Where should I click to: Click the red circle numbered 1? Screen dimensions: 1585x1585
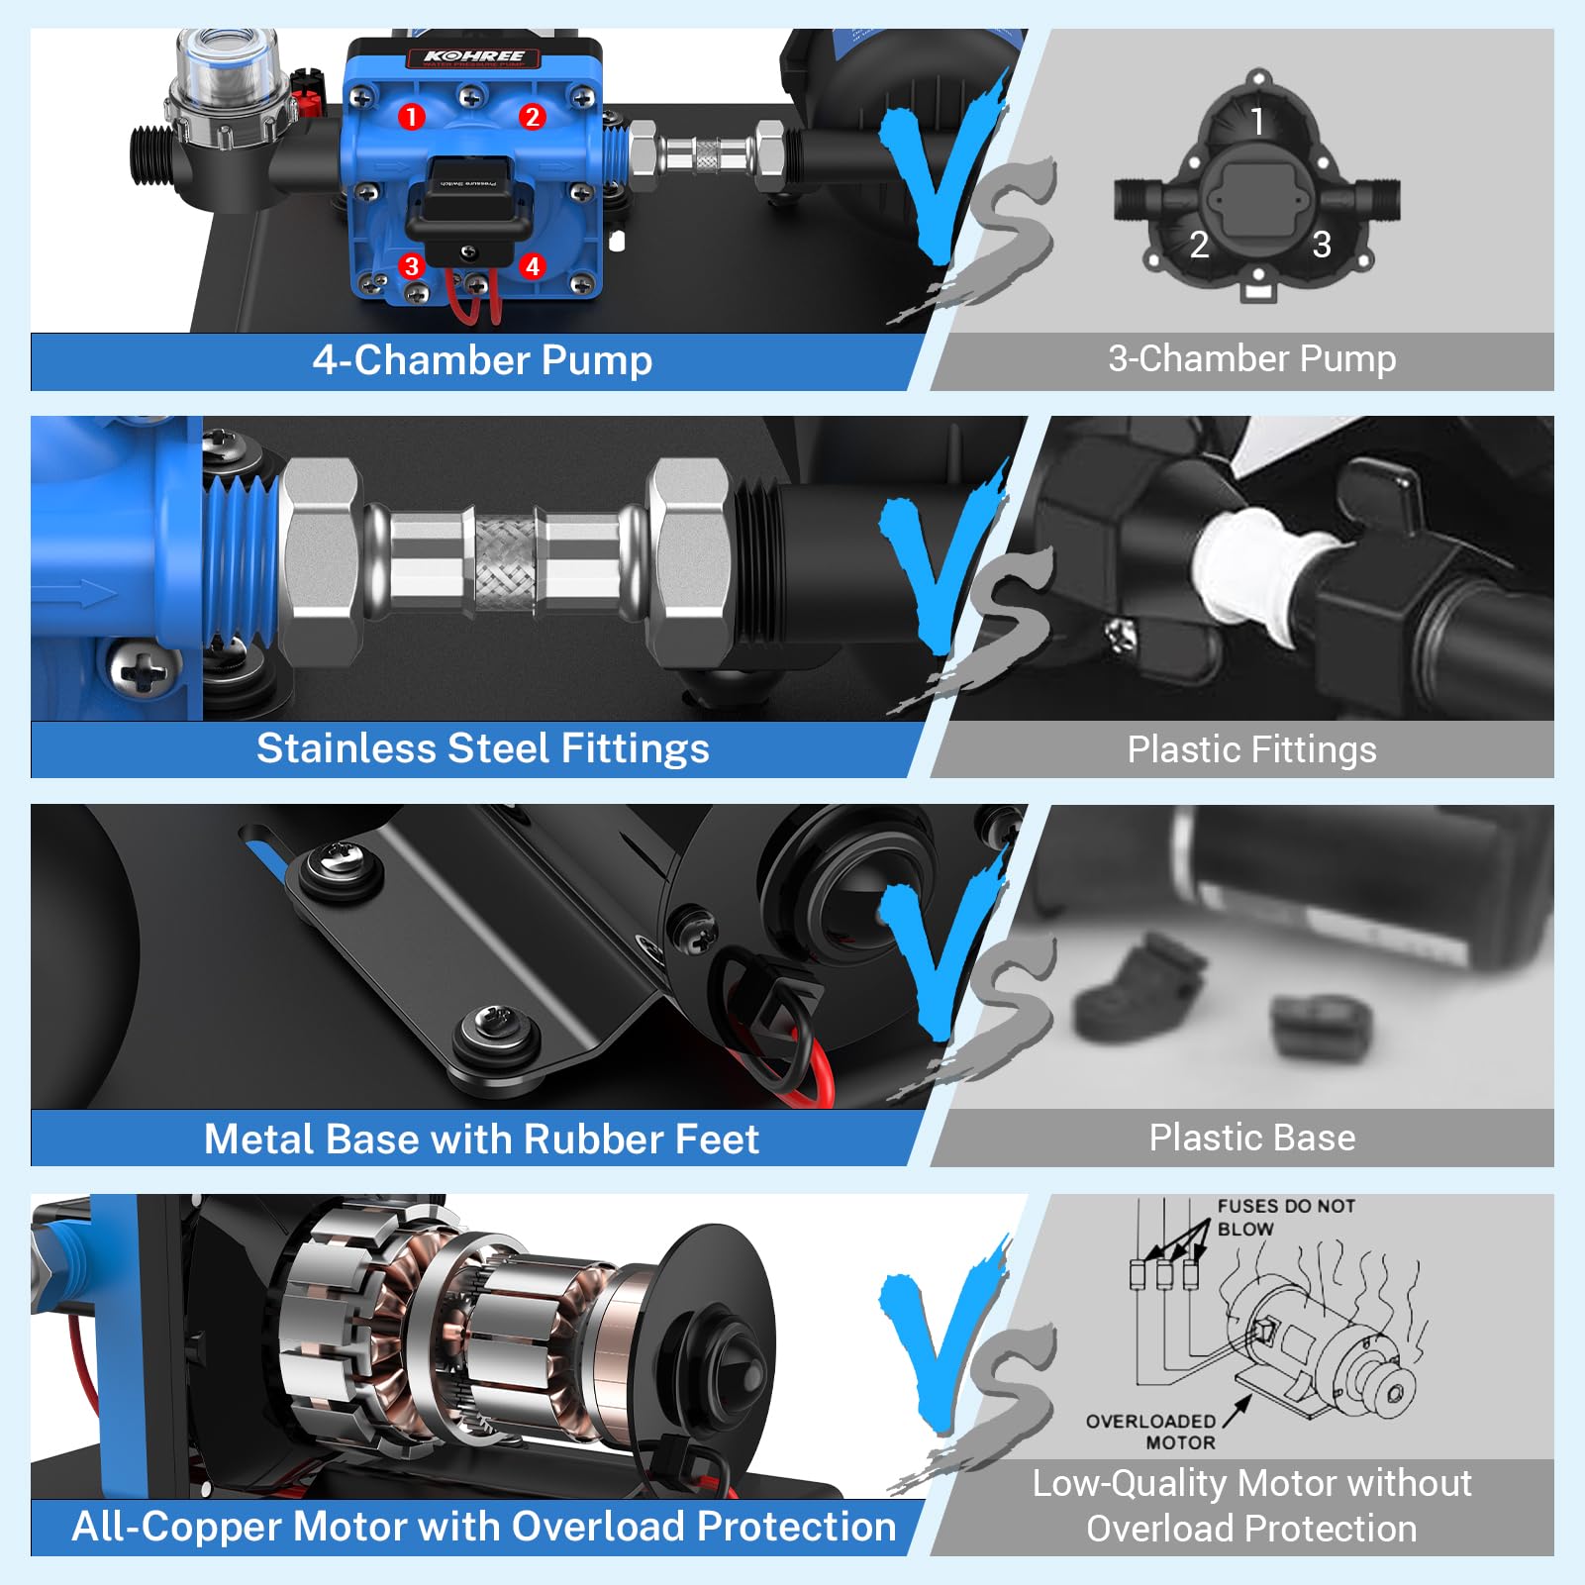tap(412, 117)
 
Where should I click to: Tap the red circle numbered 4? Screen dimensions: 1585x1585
tap(533, 265)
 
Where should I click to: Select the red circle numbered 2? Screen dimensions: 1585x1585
tap(532, 117)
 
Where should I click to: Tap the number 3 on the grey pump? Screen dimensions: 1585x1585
tap(1321, 245)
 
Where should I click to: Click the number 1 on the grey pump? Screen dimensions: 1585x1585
tap(1256, 122)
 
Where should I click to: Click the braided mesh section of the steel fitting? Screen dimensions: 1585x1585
tap(505, 561)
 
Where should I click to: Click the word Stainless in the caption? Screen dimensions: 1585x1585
tap(346, 748)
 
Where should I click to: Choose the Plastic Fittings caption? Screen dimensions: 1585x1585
tap(1251, 749)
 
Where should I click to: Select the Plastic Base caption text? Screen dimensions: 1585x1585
tap(1251, 1138)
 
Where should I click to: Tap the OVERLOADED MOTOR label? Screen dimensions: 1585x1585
tap(1151, 1432)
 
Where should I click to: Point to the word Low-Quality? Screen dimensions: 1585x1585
tap(1129, 1483)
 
